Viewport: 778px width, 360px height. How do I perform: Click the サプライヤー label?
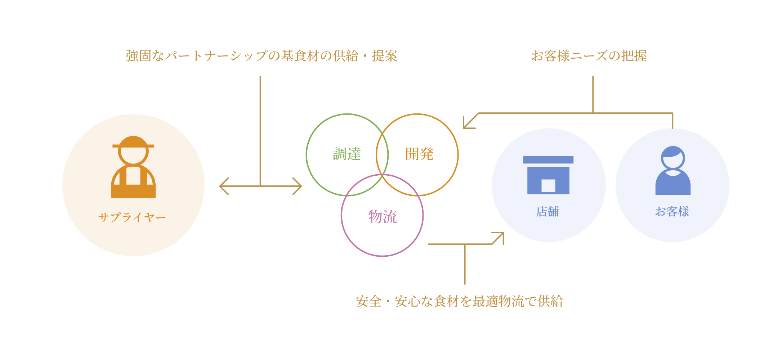(x=132, y=217)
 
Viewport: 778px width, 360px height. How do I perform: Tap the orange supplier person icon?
(x=133, y=167)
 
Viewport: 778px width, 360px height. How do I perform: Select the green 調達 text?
(x=347, y=154)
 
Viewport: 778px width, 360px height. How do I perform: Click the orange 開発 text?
(x=419, y=154)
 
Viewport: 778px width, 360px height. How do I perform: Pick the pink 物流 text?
(x=383, y=217)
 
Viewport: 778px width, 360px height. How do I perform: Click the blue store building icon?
(x=548, y=175)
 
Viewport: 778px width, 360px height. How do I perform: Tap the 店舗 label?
(x=547, y=211)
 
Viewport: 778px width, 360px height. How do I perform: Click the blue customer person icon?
(x=673, y=170)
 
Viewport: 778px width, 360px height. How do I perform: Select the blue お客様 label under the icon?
(x=672, y=211)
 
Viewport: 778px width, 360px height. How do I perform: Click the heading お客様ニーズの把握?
(x=589, y=56)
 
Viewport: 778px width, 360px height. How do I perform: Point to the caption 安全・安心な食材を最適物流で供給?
(x=459, y=301)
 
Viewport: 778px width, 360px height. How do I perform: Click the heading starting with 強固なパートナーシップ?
(x=261, y=56)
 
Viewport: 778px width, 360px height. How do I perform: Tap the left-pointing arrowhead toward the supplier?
(x=224, y=186)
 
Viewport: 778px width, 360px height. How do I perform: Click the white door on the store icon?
(x=548, y=185)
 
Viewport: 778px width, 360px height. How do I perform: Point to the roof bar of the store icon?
(x=548, y=159)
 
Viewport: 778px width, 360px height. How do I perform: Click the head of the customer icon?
(x=673, y=158)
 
